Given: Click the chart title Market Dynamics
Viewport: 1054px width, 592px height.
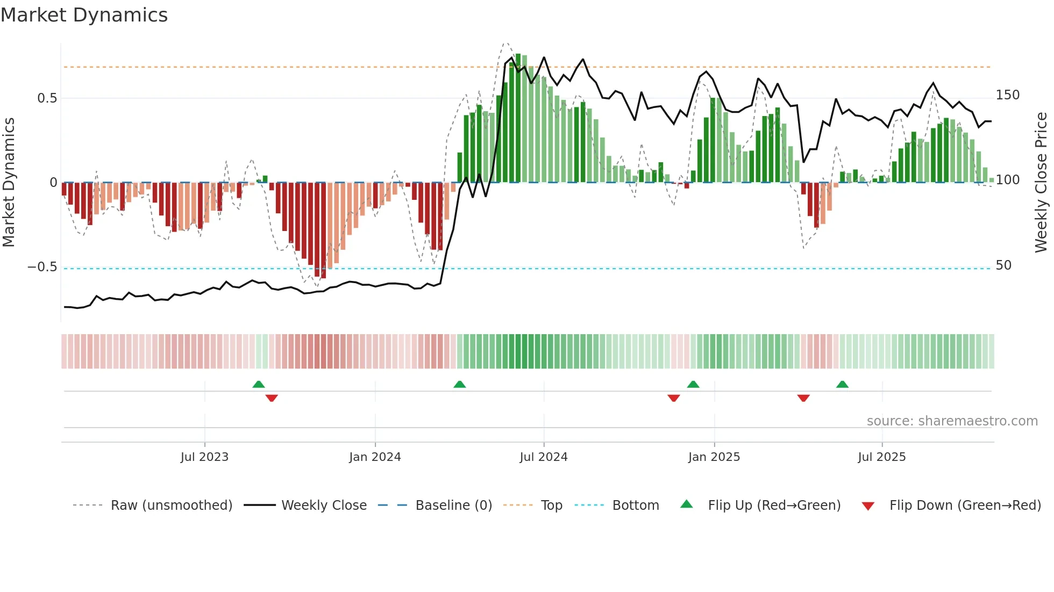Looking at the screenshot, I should pyautogui.click(x=84, y=15).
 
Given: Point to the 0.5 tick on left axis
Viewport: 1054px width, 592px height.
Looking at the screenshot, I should pyautogui.click(x=47, y=98).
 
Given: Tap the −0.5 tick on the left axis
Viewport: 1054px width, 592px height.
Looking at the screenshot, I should pyautogui.click(x=42, y=267).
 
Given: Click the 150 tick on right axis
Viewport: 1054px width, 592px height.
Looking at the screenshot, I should pyautogui.click(x=1007, y=95).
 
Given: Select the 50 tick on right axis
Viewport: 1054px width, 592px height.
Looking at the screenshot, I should pyautogui.click(x=1003, y=265).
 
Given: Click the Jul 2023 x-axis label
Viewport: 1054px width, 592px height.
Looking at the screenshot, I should pyautogui.click(x=204, y=457).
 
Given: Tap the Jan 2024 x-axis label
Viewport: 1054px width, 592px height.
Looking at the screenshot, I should pyautogui.click(x=375, y=457).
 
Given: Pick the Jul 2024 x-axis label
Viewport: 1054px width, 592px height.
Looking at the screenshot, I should pyautogui.click(x=543, y=457).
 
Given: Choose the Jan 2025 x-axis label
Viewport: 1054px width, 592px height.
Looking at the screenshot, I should pyautogui.click(x=714, y=457).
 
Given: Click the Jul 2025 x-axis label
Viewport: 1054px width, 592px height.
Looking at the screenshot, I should pyautogui.click(x=881, y=457).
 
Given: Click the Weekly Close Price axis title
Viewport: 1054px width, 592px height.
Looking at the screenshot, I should pyautogui.click(x=1041, y=183).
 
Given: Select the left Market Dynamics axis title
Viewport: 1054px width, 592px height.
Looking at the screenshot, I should pyautogui.click(x=9, y=183).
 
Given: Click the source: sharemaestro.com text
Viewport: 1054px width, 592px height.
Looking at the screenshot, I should pyautogui.click(x=952, y=421).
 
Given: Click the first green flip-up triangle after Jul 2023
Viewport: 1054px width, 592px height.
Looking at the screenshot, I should pyautogui.click(x=259, y=385).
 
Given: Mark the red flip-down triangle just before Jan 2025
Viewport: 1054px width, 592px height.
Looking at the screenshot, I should pyautogui.click(x=673, y=398).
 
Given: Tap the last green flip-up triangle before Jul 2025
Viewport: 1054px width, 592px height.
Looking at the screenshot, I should pyautogui.click(x=842, y=385).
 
